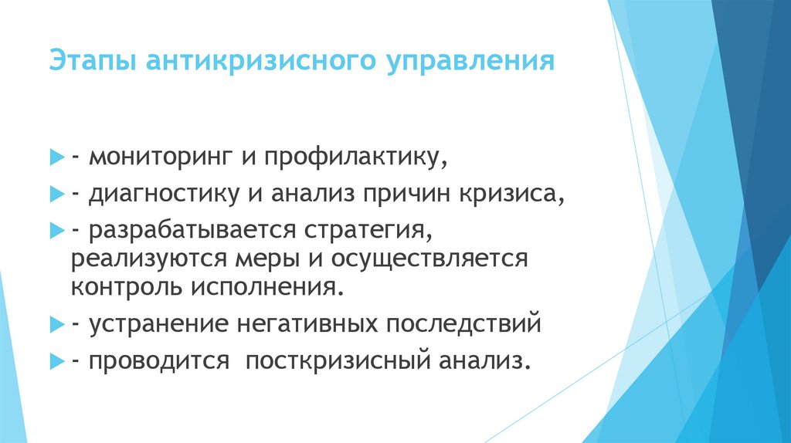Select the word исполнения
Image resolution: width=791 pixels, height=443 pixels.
pyautogui.click(x=266, y=287)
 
